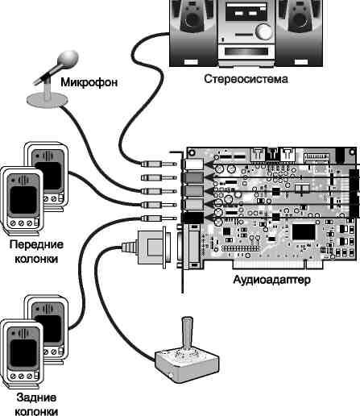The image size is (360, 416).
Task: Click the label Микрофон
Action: [x=89, y=82]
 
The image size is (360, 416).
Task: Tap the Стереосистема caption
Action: [x=246, y=79]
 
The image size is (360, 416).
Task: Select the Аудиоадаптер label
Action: [x=271, y=280]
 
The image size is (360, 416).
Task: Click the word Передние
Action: [x=36, y=244]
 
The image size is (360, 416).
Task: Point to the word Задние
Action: [x=36, y=397]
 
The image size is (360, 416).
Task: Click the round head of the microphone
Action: [x=68, y=59]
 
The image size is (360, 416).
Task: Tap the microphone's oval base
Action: [x=47, y=100]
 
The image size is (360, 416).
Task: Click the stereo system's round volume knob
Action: [x=263, y=31]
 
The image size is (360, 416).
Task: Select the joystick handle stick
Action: [x=187, y=332]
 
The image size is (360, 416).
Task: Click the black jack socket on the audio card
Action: [x=192, y=218]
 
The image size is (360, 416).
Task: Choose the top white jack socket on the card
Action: [x=193, y=164]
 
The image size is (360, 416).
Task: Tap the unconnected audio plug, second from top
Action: [x=159, y=177]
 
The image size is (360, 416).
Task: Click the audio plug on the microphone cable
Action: [x=159, y=191]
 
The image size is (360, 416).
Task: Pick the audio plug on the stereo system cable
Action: [x=159, y=164]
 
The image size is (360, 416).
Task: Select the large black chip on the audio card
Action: [x=304, y=232]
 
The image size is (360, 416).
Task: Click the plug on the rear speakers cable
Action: [x=159, y=218]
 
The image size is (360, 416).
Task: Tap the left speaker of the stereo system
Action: [x=192, y=33]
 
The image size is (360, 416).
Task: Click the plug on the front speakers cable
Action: [x=159, y=205]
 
